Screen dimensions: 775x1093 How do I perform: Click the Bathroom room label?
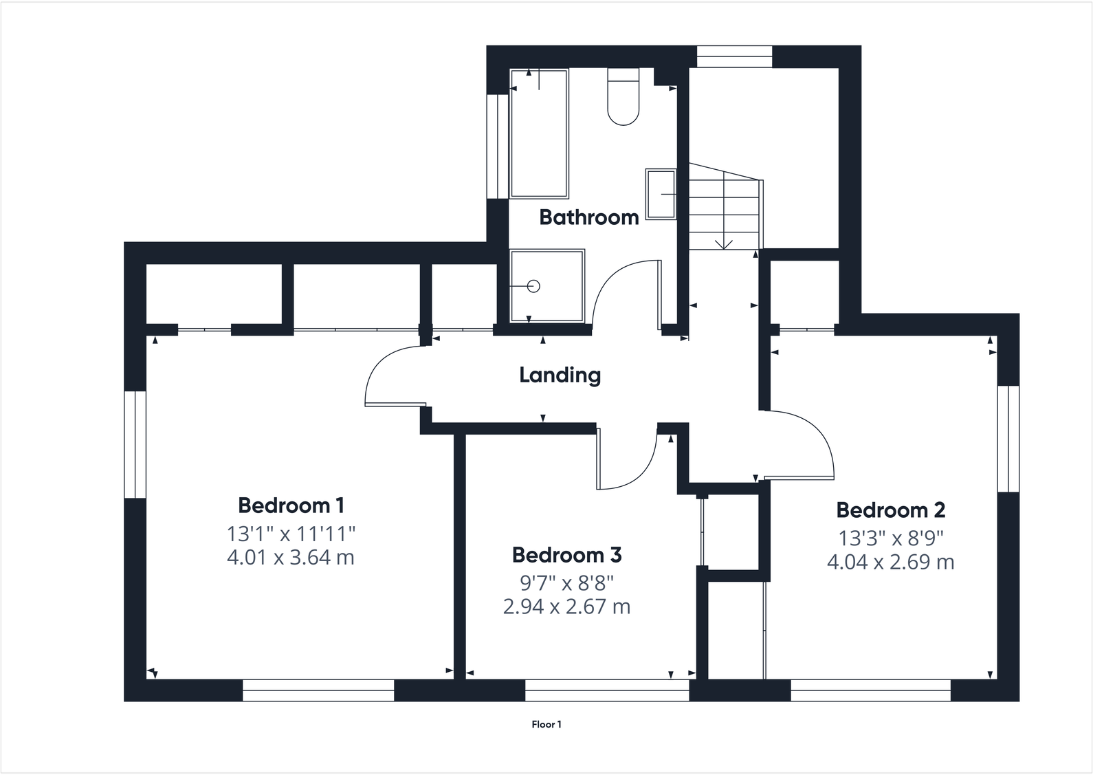coord(589,217)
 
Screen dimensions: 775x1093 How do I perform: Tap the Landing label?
coord(560,375)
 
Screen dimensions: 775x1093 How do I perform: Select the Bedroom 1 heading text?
coord(291,505)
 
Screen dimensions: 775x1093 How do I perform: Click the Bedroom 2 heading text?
coord(890,510)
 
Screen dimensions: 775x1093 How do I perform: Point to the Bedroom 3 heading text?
coord(566,554)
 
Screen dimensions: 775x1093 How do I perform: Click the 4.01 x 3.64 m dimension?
coord(291,557)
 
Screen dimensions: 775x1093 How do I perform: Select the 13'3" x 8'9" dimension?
coord(890,537)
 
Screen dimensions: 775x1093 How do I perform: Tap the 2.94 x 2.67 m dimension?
coord(566,607)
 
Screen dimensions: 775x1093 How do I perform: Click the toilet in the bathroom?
coord(623,98)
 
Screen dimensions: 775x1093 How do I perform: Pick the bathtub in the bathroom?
coord(539,133)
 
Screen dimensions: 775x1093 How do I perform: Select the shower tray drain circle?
coord(534,286)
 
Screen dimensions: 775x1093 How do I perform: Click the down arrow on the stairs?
coord(724,243)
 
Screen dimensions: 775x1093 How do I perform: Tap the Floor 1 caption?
coord(546,724)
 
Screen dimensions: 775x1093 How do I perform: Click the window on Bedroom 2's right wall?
coord(1008,439)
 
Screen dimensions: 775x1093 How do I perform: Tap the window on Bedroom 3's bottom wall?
coord(607,690)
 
